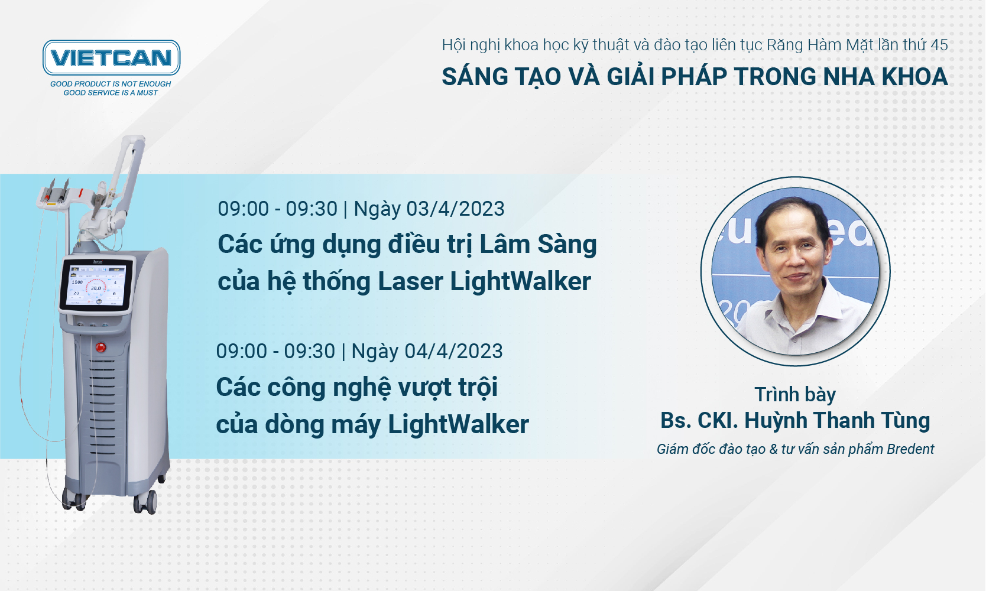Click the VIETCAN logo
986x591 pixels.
[x=111, y=58]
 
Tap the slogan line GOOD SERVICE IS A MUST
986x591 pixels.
[x=111, y=93]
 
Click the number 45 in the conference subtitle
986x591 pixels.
[x=939, y=45]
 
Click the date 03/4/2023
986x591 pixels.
[x=455, y=209]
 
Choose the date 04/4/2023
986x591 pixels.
[x=453, y=351]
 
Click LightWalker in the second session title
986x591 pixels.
[x=458, y=424]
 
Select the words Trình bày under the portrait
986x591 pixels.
[x=795, y=395]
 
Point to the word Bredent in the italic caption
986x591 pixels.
[x=910, y=449]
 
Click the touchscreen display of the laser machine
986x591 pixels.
[x=96, y=285]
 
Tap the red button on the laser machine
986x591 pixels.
[x=101, y=348]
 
